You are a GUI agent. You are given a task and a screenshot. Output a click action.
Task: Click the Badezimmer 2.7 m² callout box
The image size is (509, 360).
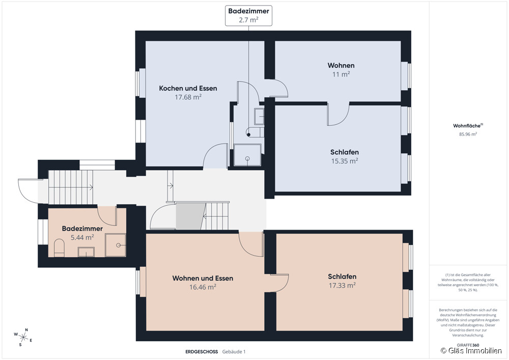point(249,15)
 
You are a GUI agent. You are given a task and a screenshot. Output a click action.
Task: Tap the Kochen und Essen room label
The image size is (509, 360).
point(188,88)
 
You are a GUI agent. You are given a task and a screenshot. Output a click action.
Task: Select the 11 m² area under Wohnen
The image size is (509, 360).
point(341,74)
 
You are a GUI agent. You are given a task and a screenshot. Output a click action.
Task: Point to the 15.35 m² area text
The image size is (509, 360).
point(344,161)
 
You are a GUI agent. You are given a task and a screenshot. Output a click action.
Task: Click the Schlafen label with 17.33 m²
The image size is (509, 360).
point(342,276)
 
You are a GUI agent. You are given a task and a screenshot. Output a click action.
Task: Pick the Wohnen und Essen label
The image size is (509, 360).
point(203,278)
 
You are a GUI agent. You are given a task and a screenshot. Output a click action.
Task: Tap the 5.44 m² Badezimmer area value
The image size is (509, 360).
point(82,237)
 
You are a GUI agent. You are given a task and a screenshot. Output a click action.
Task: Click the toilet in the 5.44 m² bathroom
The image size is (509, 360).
point(59,249)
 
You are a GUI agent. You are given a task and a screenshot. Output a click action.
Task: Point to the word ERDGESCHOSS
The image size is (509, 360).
point(202,351)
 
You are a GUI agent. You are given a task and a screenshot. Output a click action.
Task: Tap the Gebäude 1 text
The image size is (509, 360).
point(234,351)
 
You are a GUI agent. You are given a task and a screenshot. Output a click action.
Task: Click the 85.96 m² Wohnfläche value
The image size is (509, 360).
point(468,134)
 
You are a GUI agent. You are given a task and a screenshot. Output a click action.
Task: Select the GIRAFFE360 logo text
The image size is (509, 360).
point(468,345)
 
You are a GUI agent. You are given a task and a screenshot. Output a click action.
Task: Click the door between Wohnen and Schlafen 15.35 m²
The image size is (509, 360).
point(337,114)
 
